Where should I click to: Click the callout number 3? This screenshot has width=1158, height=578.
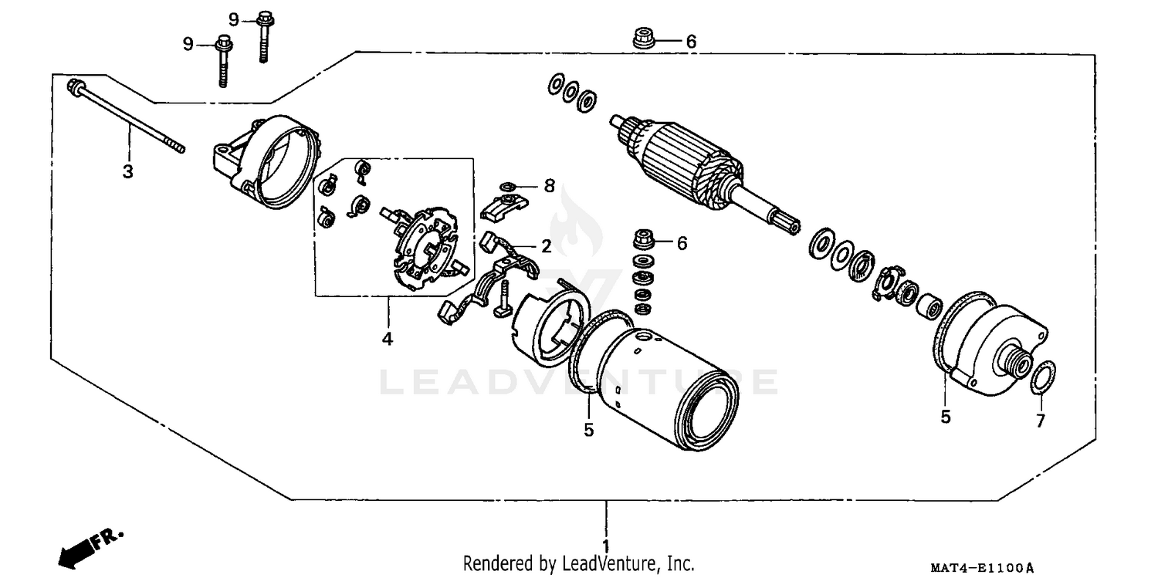pos(128,171)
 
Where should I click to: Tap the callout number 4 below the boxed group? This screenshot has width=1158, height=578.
pos(387,338)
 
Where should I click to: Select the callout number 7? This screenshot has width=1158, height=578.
pos(1040,421)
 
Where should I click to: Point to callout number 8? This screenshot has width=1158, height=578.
pos(549,185)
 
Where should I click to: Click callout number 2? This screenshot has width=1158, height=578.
pos(546,246)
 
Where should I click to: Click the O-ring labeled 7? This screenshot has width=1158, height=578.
pos(1040,377)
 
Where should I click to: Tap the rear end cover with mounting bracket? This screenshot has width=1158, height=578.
pos(266,162)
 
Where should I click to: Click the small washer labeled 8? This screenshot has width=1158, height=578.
pos(506,186)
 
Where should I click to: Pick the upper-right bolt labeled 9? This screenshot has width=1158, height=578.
pos(263,35)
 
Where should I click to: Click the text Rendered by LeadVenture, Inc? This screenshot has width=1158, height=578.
pos(578,563)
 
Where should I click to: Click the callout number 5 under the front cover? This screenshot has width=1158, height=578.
pos(946,417)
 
